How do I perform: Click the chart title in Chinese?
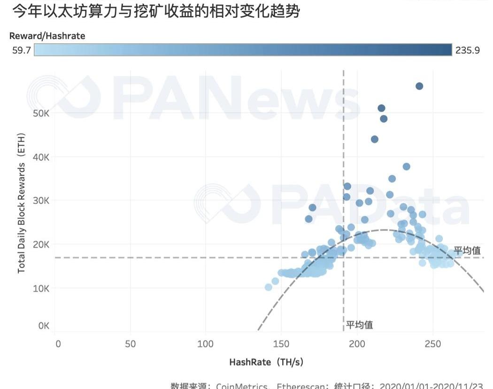pyautogui.click(x=155, y=11)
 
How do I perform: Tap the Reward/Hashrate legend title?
pyautogui.click(x=47, y=36)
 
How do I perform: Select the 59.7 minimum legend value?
pyautogui.click(x=22, y=50)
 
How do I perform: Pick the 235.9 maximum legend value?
pyautogui.click(x=467, y=50)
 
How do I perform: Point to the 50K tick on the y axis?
pyautogui.click(x=41, y=113)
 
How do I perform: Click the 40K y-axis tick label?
pyautogui.click(x=41, y=157)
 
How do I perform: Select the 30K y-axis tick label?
pyautogui.click(x=41, y=201)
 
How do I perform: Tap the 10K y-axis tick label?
pyautogui.click(x=41, y=288)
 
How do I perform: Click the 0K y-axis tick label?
pyautogui.click(x=43, y=326)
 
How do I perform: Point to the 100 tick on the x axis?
pyautogui.click(x=206, y=344)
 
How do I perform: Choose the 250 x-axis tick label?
pyautogui.click(x=432, y=344)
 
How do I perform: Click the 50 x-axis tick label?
pyautogui.click(x=131, y=344)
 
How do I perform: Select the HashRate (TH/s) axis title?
pyautogui.click(x=266, y=362)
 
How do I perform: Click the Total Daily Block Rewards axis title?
pyautogui.click(x=22, y=203)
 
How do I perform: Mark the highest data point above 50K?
pyautogui.click(x=419, y=86)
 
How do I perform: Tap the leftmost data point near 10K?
pyautogui.click(x=269, y=287)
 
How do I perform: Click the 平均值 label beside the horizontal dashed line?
pyautogui.click(x=467, y=251)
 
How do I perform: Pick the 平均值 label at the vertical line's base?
pyautogui.click(x=360, y=325)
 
